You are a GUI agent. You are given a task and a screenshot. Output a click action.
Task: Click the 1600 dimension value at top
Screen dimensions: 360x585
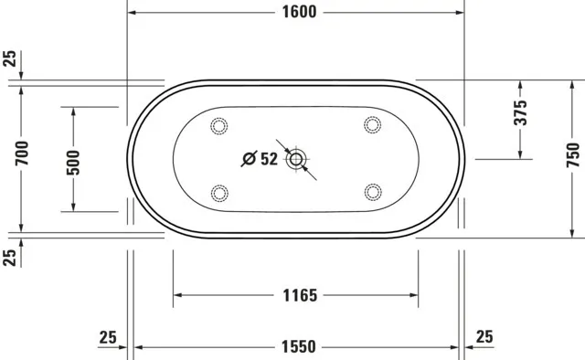pos(294,12)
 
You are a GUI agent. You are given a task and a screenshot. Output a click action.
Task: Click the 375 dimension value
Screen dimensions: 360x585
pos(520,112)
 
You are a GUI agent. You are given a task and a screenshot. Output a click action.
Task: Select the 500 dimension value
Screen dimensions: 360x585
pos(74,161)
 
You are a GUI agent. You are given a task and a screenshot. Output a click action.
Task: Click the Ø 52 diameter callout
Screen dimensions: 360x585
pos(260,160)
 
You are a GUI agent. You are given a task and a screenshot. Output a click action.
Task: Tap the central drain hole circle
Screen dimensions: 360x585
pos(295,161)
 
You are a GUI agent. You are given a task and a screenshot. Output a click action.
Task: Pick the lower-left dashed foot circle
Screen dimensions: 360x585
pos(218,192)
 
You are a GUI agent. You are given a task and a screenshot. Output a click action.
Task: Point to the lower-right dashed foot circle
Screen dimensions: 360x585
pos(372,192)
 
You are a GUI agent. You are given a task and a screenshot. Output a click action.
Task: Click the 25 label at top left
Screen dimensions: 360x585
pos(10,60)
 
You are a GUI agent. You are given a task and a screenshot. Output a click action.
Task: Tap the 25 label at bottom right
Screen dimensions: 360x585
pos(484,337)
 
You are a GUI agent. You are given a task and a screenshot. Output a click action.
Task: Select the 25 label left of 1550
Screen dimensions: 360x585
pos(109,337)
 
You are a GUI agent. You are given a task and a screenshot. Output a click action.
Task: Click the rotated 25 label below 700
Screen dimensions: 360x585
pos(10,257)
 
